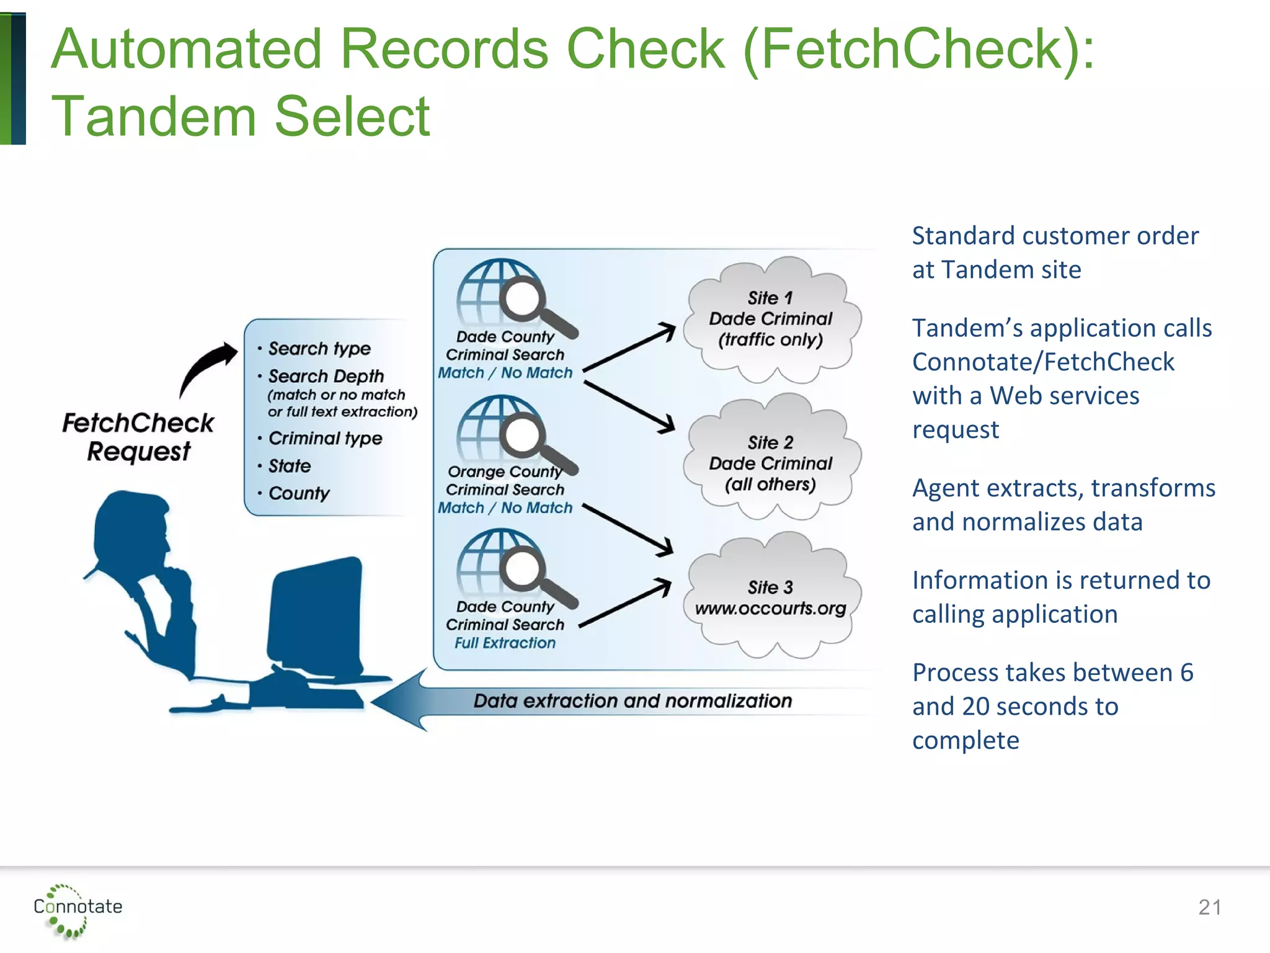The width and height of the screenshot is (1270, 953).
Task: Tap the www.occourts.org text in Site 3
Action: click(x=770, y=609)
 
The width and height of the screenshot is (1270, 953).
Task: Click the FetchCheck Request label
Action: click(x=138, y=437)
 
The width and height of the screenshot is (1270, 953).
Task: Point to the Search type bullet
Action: click(x=319, y=349)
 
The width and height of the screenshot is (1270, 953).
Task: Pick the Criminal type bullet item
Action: click(x=325, y=439)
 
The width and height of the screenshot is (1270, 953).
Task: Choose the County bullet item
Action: click(x=298, y=494)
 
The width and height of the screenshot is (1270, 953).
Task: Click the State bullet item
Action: click(x=289, y=466)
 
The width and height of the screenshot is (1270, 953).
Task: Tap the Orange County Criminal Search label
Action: click(x=505, y=481)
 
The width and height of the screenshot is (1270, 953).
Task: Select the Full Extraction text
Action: click(x=505, y=643)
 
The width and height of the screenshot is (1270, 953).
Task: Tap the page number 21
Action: click(x=1209, y=908)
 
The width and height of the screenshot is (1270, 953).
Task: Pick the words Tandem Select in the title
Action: click(x=240, y=117)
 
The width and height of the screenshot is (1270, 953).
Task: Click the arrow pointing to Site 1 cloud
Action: click(x=629, y=348)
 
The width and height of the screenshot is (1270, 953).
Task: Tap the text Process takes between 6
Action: click(x=1052, y=673)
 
